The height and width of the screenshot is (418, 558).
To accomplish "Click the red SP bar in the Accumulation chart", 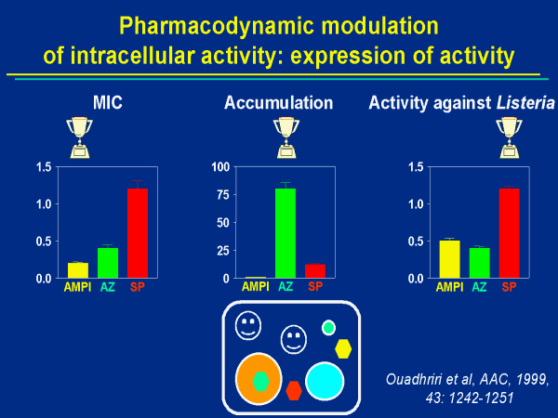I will point(315,271).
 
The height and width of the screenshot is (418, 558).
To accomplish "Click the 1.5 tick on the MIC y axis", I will point(43,167).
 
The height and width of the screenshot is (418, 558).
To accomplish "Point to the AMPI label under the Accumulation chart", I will point(256,287).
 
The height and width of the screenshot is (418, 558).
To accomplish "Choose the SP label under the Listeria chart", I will point(510,287).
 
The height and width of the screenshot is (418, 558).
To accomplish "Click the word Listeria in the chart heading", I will point(515,101).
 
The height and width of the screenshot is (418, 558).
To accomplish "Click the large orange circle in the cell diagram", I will point(259,379).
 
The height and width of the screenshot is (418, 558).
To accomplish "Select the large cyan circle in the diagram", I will point(325,382).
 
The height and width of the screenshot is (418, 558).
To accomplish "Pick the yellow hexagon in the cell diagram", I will point(343,348).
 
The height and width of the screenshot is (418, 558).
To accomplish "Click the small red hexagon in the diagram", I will point(294,390).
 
